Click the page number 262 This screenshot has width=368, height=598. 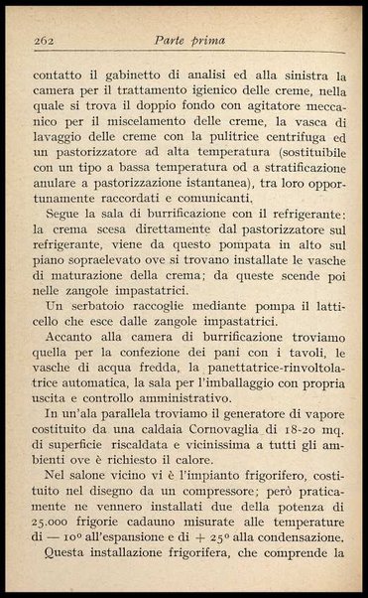[x=43, y=41]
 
